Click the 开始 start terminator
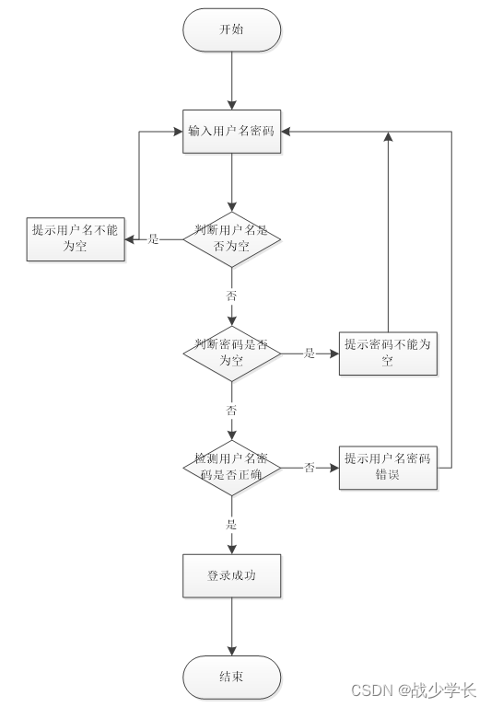(x=231, y=30)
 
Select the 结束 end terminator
(x=231, y=678)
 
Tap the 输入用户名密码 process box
(x=231, y=132)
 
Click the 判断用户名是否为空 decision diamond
(x=231, y=238)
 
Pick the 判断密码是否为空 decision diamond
(x=231, y=353)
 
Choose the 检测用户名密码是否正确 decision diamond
(x=231, y=467)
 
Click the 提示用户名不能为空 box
(x=75, y=238)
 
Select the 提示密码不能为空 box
(x=387, y=353)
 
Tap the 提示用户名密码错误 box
(x=387, y=467)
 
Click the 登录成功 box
(x=231, y=576)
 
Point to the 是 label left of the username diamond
(x=154, y=239)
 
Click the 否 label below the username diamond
(x=231, y=296)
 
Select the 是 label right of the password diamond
(x=310, y=353)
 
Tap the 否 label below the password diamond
(x=231, y=409)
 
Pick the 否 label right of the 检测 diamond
(x=310, y=468)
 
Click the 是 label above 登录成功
(x=231, y=525)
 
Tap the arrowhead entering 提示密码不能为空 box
(x=333, y=353)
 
